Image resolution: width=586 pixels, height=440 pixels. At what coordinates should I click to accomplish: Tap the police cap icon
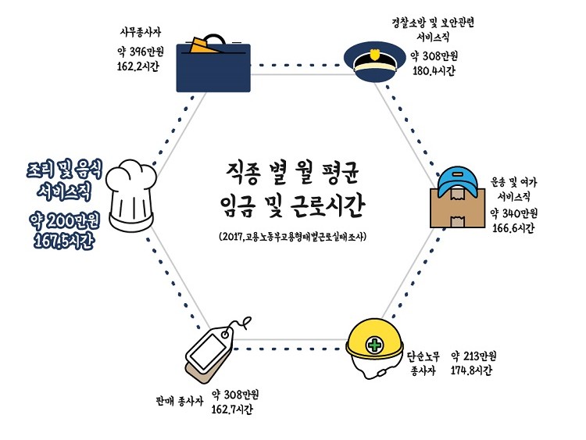(378, 64)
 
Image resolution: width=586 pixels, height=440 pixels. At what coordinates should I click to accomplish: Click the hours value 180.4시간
(434, 71)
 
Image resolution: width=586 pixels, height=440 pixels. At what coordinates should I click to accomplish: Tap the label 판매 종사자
(180, 400)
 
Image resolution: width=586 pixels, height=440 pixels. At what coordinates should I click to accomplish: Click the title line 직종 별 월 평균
(292, 170)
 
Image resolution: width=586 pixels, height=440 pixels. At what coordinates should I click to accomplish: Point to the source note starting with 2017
(292, 235)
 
